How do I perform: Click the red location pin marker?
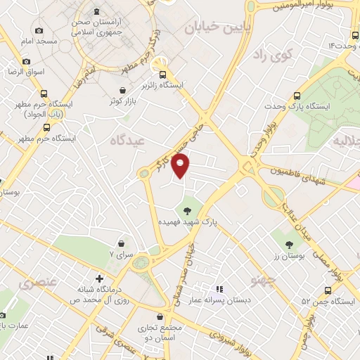(181, 167)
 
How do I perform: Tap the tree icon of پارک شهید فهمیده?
(187, 209)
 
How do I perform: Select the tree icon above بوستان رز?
(290, 245)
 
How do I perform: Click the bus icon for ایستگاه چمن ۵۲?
(328, 290)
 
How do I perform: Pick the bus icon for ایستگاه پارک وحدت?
(297, 96)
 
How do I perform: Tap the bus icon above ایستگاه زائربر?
(163, 75)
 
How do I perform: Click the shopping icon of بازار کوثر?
(124, 90)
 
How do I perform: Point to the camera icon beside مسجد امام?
(38, 30)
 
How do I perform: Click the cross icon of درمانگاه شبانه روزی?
(99, 278)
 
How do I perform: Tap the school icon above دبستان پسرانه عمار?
(219, 289)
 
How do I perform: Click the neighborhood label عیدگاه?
(126, 140)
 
